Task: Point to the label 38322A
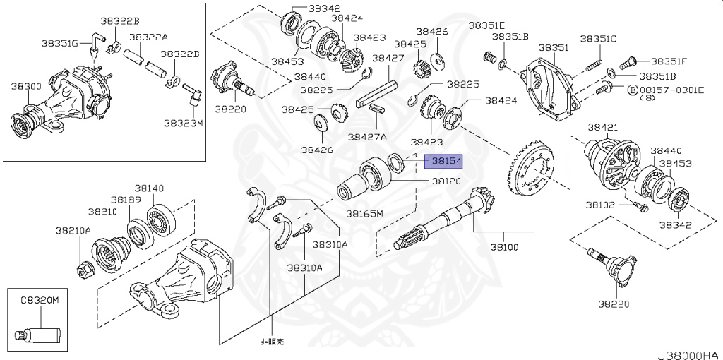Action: pyautogui.click(x=148, y=37)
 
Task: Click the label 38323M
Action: pyautogui.click(x=183, y=122)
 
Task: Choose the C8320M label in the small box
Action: pyautogui.click(x=40, y=299)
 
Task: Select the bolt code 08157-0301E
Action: pyautogui.click(x=671, y=90)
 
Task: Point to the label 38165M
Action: pyautogui.click(x=364, y=212)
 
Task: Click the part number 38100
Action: pyautogui.click(x=504, y=247)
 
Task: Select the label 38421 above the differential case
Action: pyautogui.click(x=603, y=127)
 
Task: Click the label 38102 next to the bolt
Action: pyautogui.click(x=599, y=205)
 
